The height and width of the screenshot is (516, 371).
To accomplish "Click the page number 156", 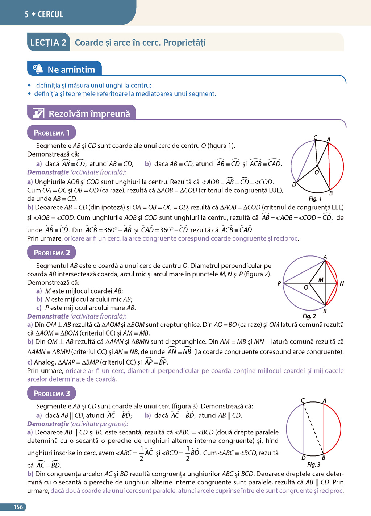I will click(x=18, y=507).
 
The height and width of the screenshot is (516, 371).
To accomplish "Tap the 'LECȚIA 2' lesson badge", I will click(x=48, y=43).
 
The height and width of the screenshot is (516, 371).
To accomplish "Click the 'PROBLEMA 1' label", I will click(x=51, y=133).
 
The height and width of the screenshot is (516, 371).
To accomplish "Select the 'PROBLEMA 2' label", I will click(x=51, y=253).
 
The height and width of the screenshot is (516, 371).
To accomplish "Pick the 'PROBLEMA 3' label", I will click(x=51, y=393).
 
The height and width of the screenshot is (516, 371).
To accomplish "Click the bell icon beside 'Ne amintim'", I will click(x=38, y=68).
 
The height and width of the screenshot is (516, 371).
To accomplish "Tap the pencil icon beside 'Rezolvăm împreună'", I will click(x=38, y=113).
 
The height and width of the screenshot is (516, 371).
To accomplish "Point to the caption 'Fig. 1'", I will click(x=315, y=199).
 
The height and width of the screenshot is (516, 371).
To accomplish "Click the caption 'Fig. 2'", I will click(x=309, y=316).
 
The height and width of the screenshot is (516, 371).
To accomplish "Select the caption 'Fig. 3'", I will click(x=314, y=465).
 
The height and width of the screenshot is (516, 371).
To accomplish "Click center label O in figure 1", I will click(x=317, y=172).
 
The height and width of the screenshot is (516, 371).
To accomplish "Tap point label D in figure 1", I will click(x=294, y=184).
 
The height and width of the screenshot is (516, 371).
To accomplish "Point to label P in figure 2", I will click(x=279, y=283).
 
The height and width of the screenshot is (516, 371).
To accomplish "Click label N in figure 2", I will click(x=342, y=283).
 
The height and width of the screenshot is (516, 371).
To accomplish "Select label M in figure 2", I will click(x=321, y=280).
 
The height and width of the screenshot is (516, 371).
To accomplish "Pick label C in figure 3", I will click(x=303, y=400).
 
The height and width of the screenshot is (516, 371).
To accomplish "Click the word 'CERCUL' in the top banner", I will click(x=50, y=14).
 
